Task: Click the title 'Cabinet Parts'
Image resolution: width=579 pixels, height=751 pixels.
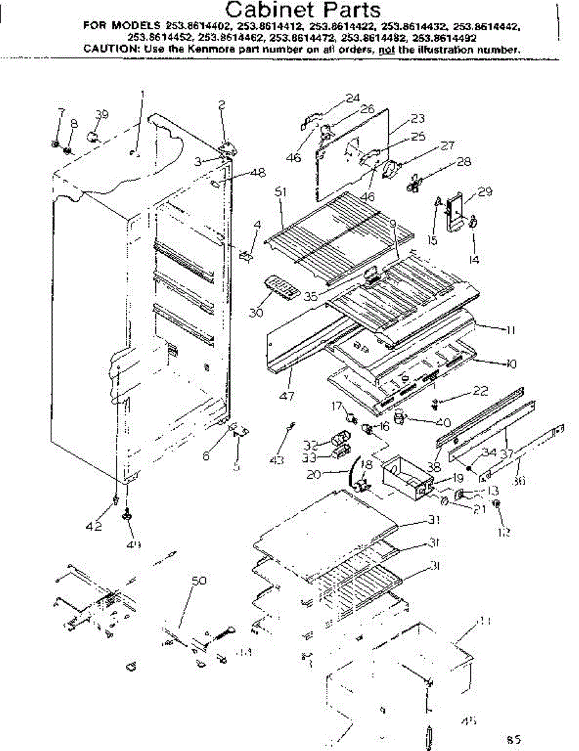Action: (303, 11)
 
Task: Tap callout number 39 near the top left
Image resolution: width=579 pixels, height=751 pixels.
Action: (102, 114)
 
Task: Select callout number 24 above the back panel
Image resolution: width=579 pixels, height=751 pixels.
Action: (352, 98)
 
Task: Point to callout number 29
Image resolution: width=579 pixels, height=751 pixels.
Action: (484, 192)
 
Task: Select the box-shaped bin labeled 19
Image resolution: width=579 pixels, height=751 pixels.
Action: (407, 474)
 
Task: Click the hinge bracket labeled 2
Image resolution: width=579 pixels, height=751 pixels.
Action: (227, 148)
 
